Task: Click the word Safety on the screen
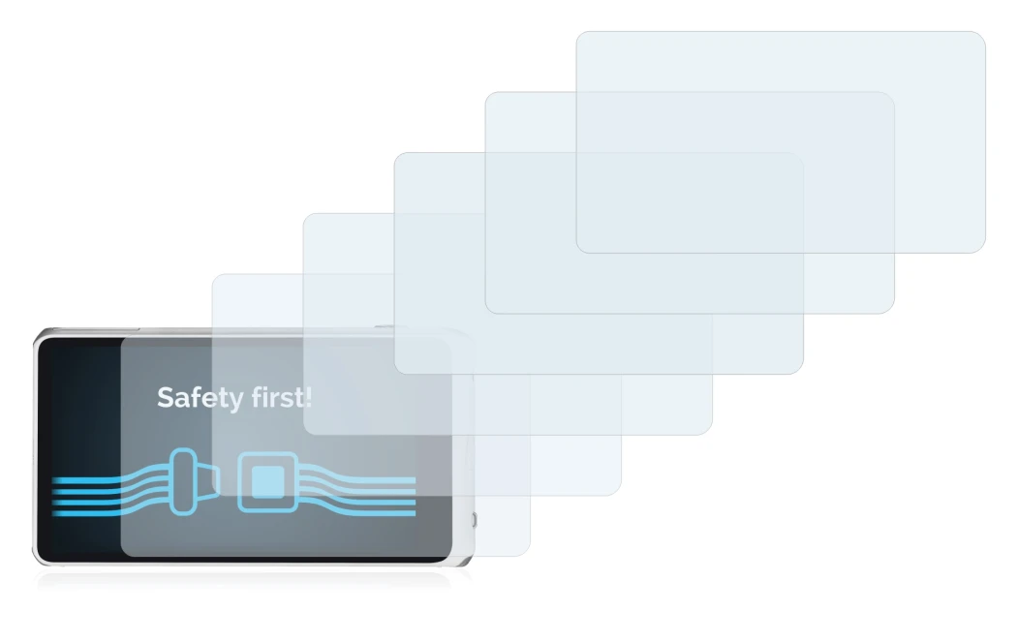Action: [x=200, y=398]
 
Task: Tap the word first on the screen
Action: [x=278, y=397]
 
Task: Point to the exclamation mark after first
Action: [x=308, y=397]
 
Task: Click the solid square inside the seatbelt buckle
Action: [x=267, y=482]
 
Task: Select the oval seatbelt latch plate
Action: [x=184, y=481]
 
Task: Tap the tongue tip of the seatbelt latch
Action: [x=217, y=481]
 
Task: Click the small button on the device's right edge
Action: [x=475, y=519]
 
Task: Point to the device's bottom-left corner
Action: [x=37, y=562]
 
